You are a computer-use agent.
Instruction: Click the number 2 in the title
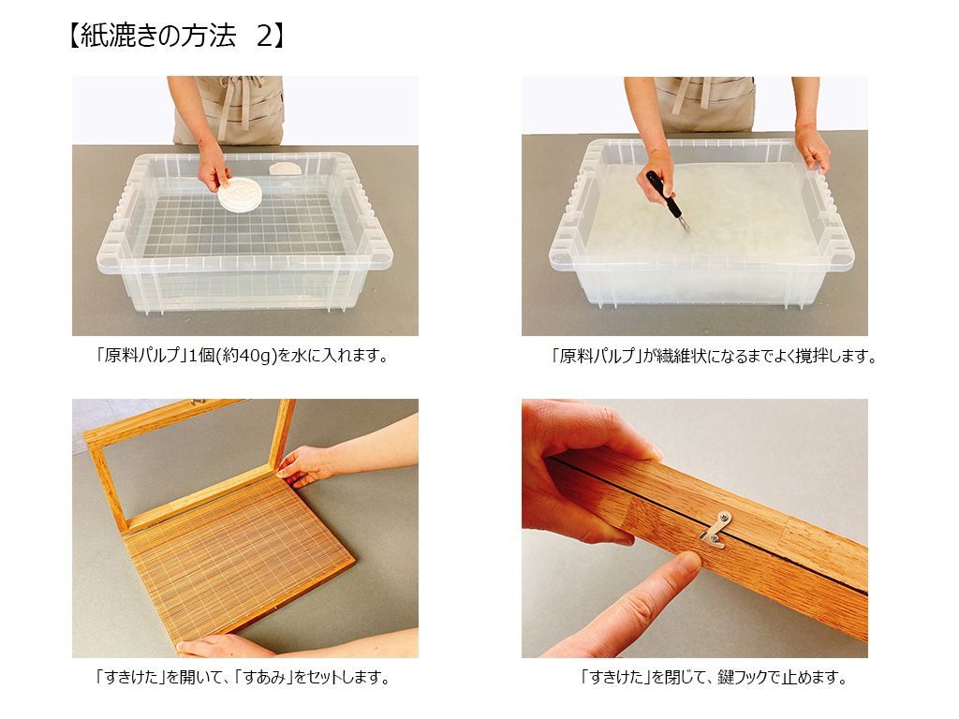(x=264, y=37)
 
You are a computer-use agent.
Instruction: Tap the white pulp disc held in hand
(x=239, y=195)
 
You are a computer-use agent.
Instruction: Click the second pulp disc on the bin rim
(x=285, y=169)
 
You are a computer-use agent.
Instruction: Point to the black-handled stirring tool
(x=667, y=198)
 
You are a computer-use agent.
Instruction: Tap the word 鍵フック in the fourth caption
(x=744, y=677)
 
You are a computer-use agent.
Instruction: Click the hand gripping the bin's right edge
(x=812, y=149)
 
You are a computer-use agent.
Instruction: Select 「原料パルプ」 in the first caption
(x=140, y=356)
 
